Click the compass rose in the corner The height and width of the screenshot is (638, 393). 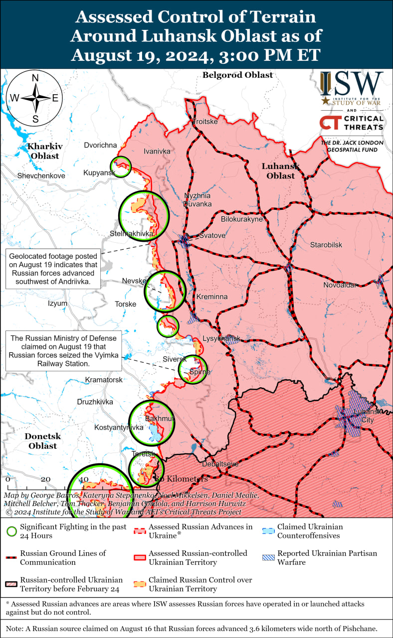coord(35,98)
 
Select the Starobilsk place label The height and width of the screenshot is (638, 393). coord(326,245)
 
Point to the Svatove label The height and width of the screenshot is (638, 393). coord(212,235)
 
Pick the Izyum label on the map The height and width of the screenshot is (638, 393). coord(57,303)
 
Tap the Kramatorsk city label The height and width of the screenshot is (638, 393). coord(104,380)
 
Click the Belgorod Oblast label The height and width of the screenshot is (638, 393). coord(237,75)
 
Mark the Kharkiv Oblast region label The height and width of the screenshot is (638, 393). coord(45,151)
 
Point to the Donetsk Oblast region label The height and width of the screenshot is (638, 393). coord(43,441)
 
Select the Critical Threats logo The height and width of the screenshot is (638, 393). coord(352,123)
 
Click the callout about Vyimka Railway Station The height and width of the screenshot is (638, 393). coord(64,352)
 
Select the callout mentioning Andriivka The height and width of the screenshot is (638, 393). coord(52,269)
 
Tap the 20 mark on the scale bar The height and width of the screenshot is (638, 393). coord(45,479)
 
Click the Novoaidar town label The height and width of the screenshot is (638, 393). coord(340,285)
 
